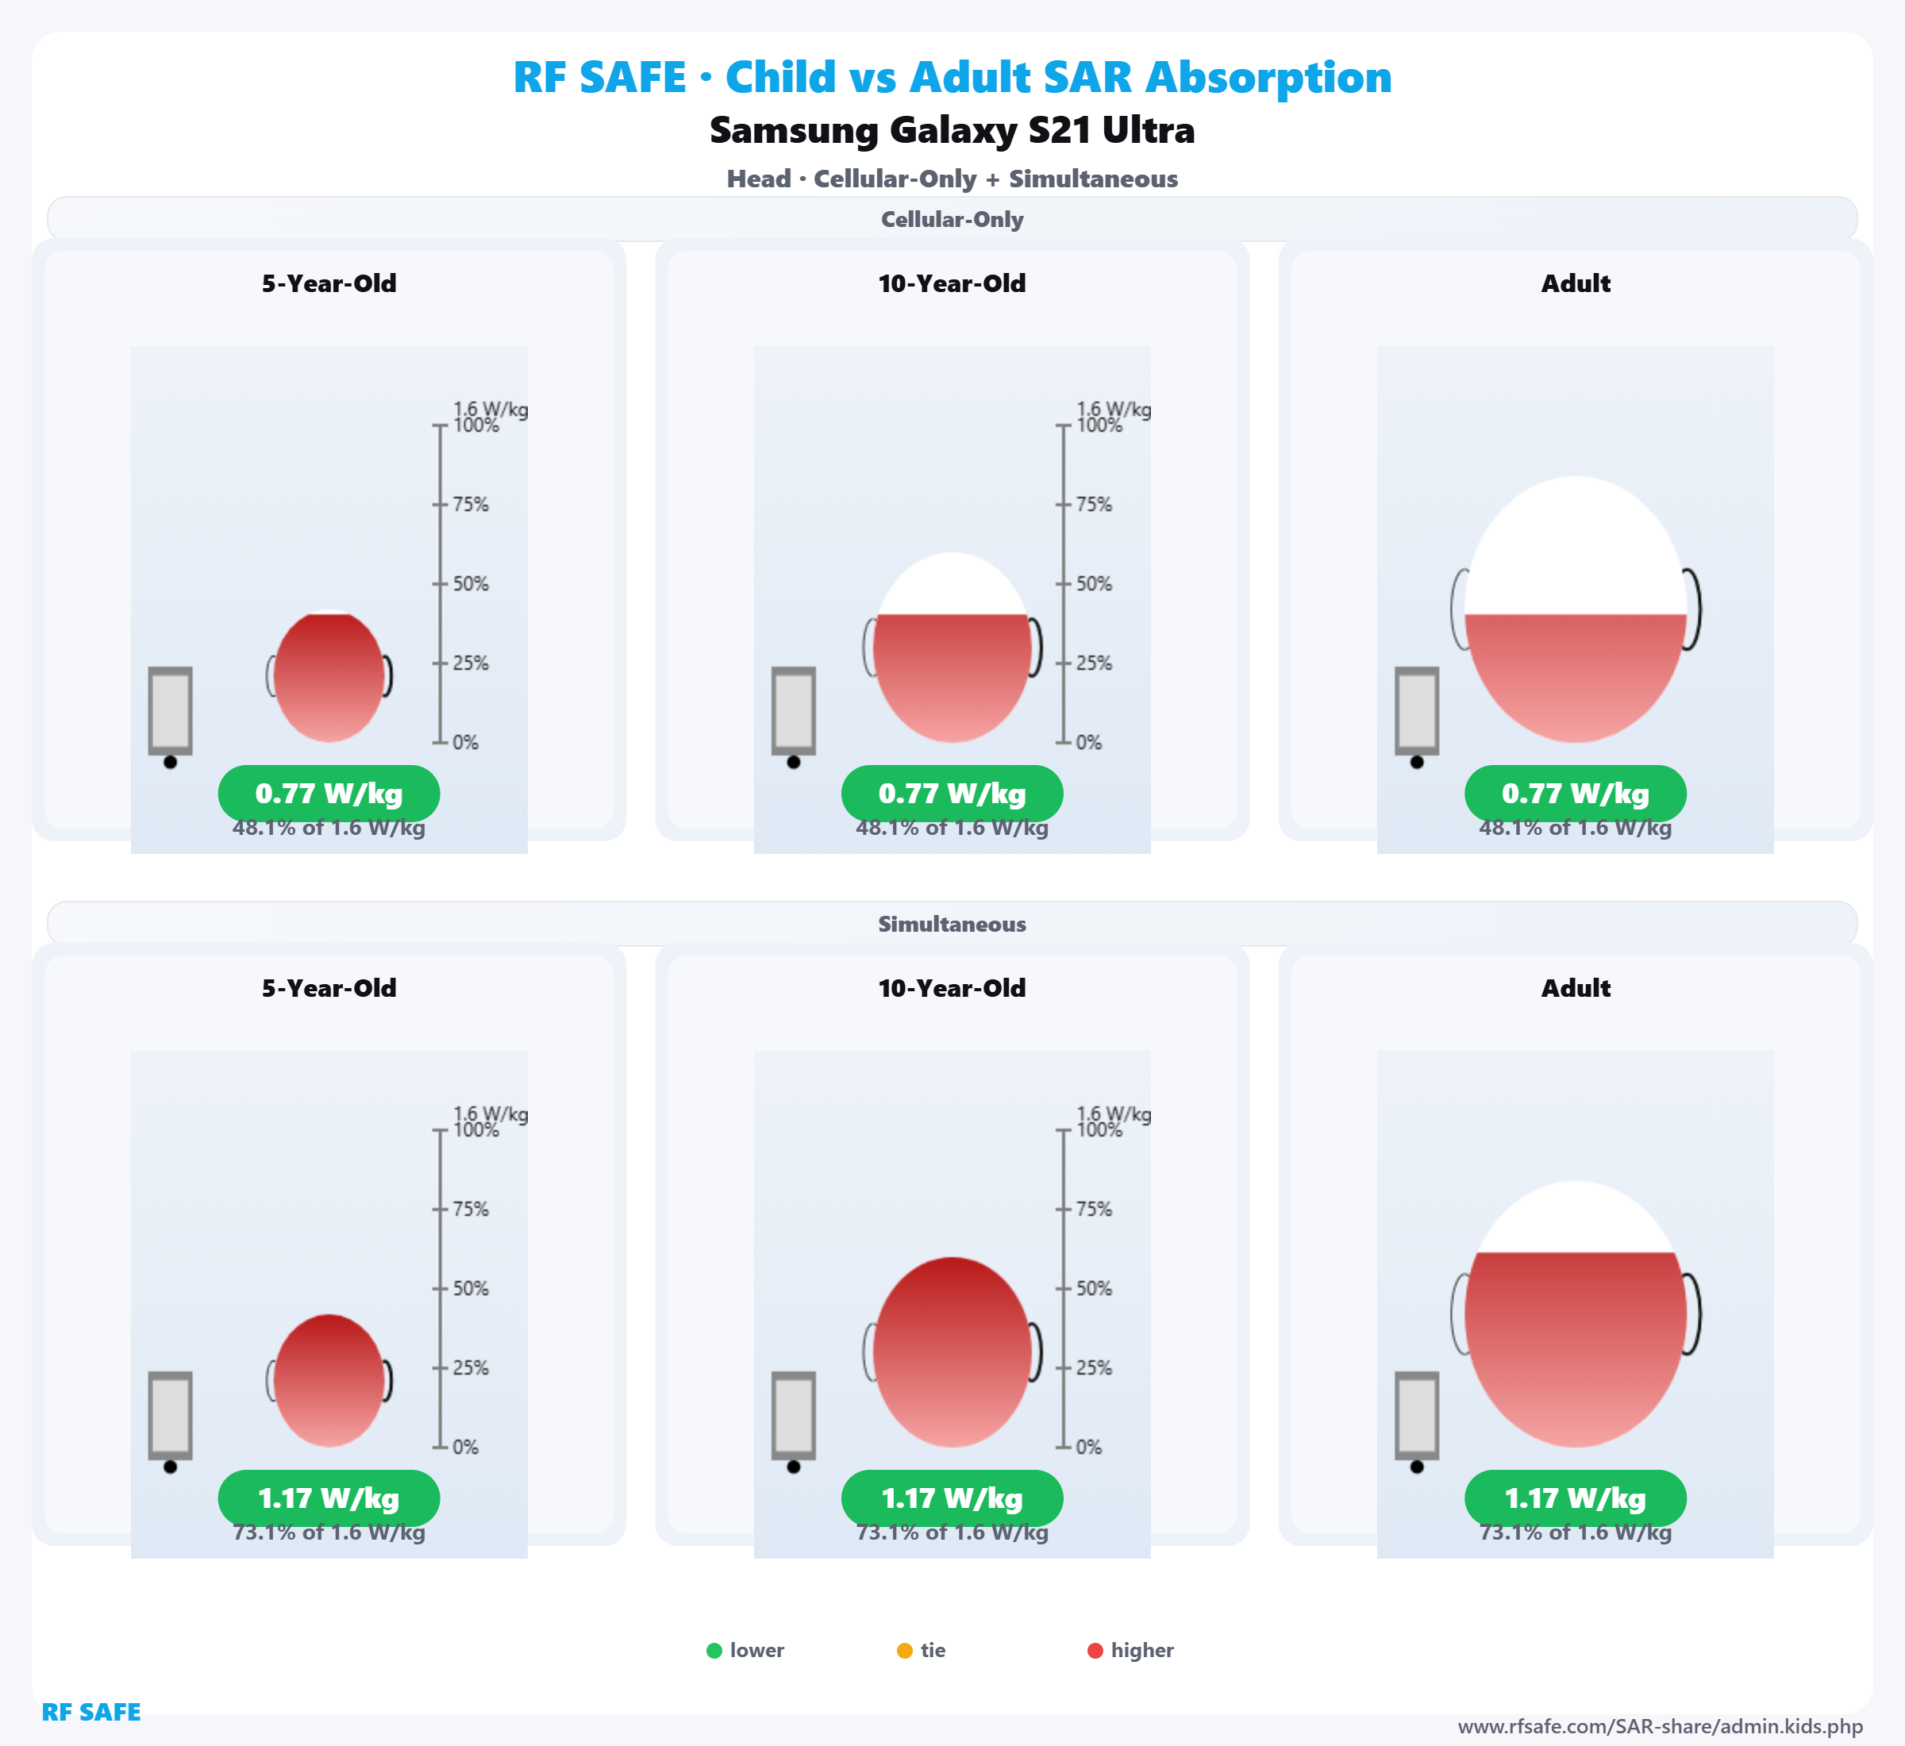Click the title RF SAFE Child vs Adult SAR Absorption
tap(952, 78)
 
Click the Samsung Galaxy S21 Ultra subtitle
tap(952, 130)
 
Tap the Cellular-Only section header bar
tap(952, 219)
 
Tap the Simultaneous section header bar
tap(952, 924)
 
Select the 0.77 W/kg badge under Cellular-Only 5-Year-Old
tap(329, 794)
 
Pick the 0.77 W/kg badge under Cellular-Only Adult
tap(1576, 794)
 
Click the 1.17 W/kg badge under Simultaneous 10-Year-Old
tap(952, 1498)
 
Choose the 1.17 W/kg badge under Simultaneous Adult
tap(1576, 1498)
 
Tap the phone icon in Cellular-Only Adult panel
tap(1417, 711)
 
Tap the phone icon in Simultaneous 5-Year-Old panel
tap(170, 1415)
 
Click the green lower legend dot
tap(714, 1651)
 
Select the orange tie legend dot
tap(904, 1651)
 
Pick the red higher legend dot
tap(1095, 1651)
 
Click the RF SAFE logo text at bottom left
tap(90, 1712)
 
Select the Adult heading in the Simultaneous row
tap(1576, 988)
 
